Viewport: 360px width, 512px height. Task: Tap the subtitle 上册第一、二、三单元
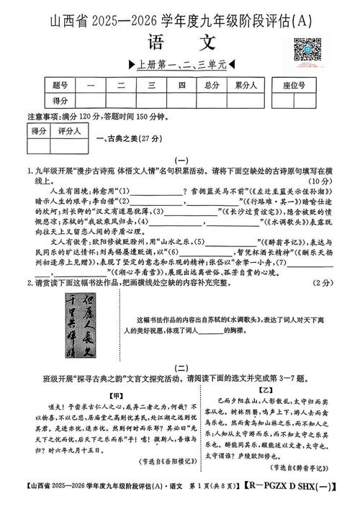click(180, 64)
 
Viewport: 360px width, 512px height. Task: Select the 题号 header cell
click(60, 85)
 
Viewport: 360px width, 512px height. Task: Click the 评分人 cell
click(69, 131)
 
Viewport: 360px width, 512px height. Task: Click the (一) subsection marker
click(180, 161)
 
